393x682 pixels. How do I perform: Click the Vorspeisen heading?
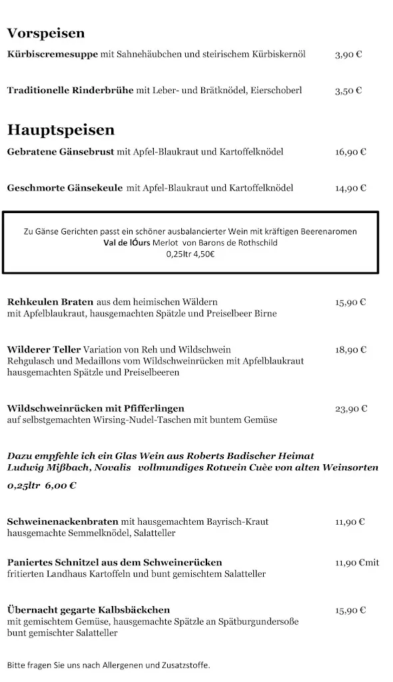(46, 33)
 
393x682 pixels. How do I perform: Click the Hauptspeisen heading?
(61, 129)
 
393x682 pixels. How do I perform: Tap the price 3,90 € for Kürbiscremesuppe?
(348, 55)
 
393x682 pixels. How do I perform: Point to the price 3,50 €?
(348, 91)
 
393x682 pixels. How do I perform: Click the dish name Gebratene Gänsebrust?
(61, 152)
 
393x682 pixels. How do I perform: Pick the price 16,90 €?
(350, 152)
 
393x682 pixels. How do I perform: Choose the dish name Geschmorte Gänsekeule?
(65, 188)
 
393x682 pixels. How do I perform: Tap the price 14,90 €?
(350, 188)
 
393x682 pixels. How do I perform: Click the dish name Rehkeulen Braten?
(50, 302)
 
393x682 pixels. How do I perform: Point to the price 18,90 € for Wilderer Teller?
(350, 350)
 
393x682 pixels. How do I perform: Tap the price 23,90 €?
(350, 409)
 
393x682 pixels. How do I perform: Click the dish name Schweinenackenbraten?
(63, 521)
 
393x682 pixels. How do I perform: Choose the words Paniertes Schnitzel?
(54, 563)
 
